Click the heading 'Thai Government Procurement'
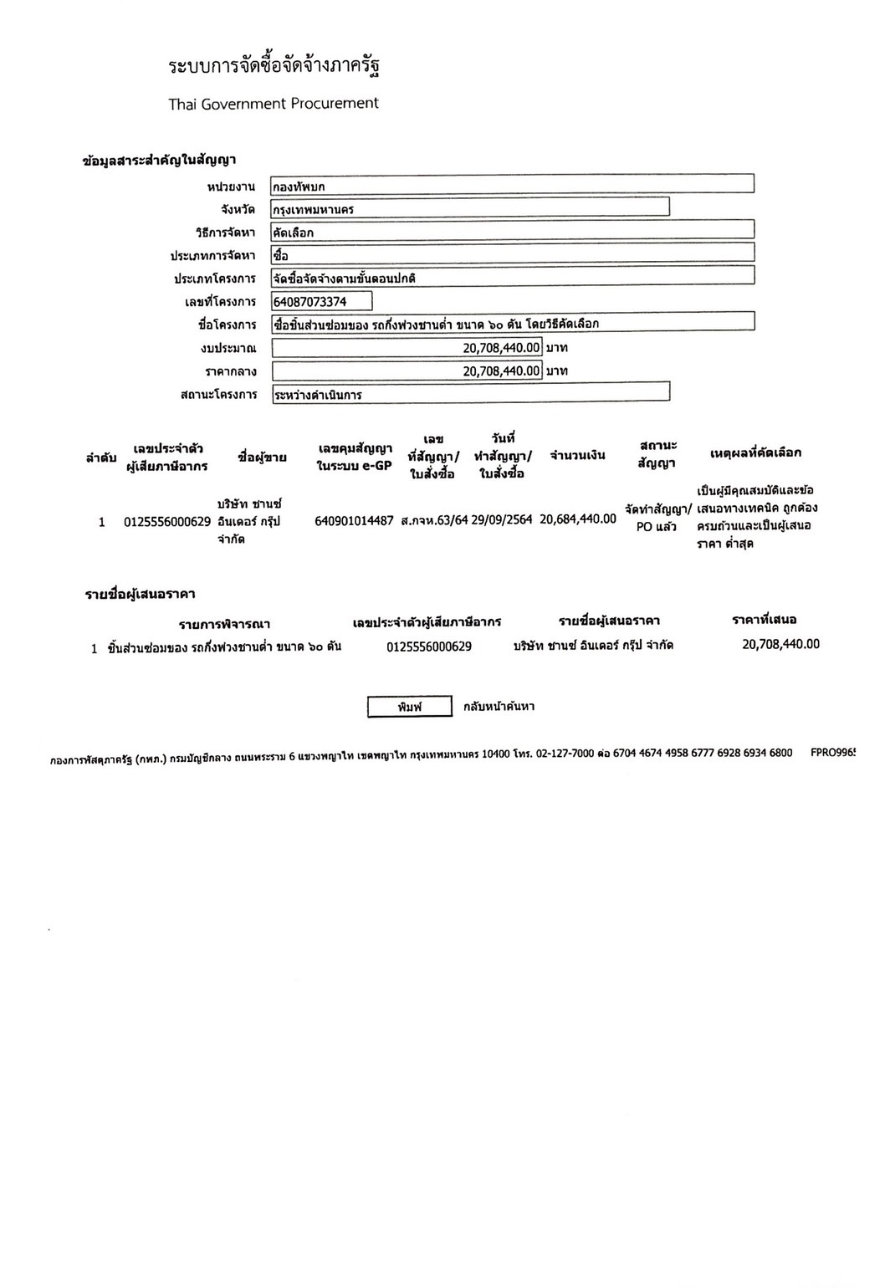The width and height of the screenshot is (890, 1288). [x=273, y=104]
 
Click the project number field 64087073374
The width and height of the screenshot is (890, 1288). [x=322, y=301]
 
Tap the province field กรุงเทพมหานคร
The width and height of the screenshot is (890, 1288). [x=470, y=207]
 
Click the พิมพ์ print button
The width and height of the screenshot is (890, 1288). [x=409, y=707]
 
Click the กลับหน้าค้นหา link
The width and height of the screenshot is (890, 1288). [x=499, y=707]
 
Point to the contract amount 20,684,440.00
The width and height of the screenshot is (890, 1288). [x=578, y=519]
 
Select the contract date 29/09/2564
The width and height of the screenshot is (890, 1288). [x=502, y=519]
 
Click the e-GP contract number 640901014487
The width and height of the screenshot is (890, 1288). [x=354, y=521]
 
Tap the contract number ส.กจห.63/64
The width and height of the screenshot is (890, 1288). [x=434, y=520]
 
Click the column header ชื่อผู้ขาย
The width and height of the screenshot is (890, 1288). [x=262, y=457]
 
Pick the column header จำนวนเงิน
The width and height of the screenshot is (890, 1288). [x=577, y=456]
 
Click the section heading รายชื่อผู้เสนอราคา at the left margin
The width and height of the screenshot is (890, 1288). [x=140, y=595]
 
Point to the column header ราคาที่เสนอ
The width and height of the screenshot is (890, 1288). [x=764, y=620]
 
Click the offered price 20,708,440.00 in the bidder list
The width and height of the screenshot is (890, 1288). [x=780, y=644]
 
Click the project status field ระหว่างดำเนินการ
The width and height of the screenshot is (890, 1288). [x=470, y=392]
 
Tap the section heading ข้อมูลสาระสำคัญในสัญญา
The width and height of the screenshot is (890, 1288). [x=159, y=161]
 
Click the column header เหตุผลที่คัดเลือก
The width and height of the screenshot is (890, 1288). [x=754, y=453]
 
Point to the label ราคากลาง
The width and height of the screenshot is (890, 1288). [x=230, y=371]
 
